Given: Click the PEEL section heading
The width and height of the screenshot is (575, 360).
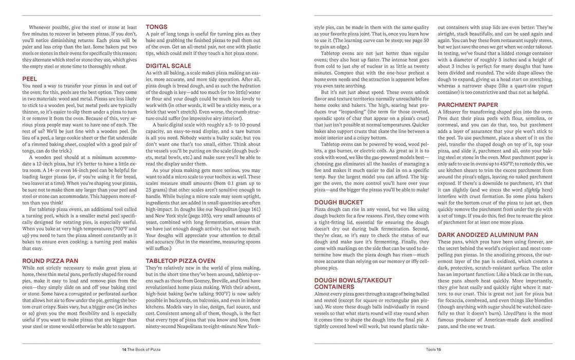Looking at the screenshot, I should coord(30,79).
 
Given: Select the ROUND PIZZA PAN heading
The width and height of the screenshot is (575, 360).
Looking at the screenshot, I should coord(50,261).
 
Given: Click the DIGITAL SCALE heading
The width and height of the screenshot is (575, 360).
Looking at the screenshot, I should coord(168,66).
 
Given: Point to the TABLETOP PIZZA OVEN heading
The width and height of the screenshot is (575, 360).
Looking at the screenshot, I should coord(181,261).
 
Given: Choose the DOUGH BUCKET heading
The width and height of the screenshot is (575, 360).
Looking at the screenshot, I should coord(340,202).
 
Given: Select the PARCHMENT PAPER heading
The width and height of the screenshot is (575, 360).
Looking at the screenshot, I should coord(468,105).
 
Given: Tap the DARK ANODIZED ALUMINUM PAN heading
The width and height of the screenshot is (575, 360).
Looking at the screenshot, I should coord(488,235).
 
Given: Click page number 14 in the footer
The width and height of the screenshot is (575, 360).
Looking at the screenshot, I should coord(124,349).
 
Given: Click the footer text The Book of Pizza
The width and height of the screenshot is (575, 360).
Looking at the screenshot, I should coord(144,349).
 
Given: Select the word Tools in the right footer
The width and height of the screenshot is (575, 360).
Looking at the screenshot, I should coord(431,349).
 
